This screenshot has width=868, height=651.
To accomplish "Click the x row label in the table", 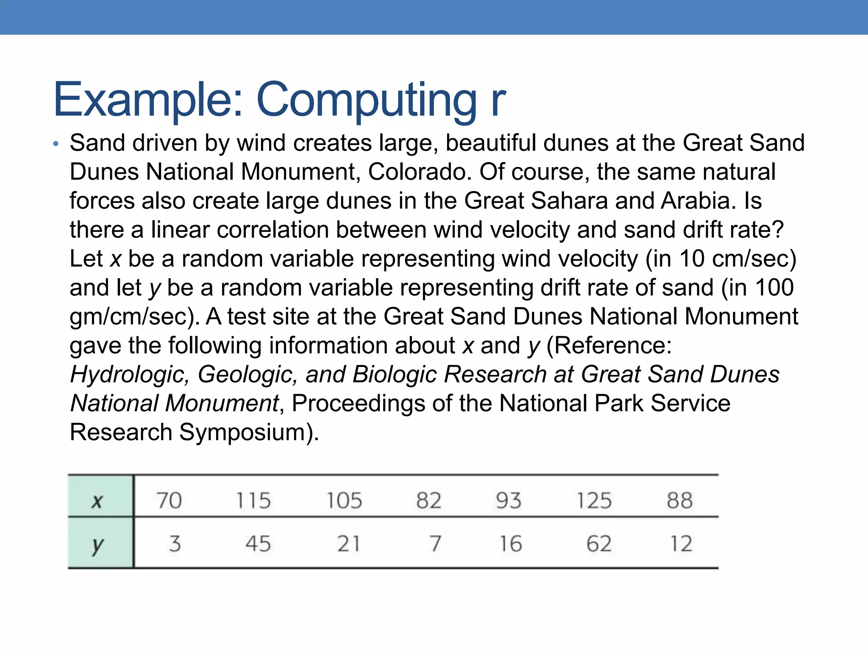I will (97, 501).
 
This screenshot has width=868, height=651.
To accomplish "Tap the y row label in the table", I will (97, 545).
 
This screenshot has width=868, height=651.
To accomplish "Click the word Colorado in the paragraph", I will (420, 172).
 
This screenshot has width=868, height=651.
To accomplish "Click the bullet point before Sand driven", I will (56, 144).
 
